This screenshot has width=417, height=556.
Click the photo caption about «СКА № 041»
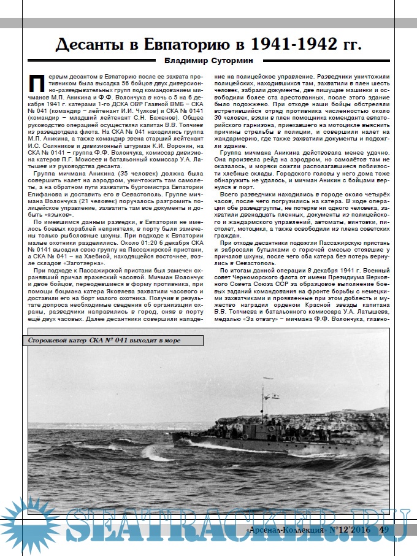(x=105, y=341)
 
